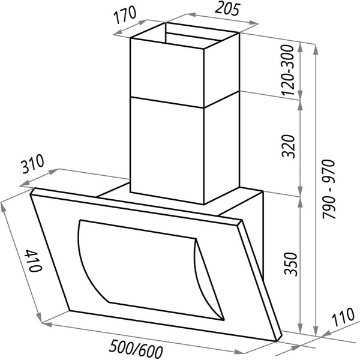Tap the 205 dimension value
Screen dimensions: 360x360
tap(227, 10)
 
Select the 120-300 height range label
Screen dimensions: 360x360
tap(287, 70)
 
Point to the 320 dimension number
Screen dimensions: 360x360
tap(288, 146)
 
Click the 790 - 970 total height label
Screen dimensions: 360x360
tap(329, 189)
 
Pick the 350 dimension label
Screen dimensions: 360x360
tap(290, 264)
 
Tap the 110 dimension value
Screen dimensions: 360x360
tap(343, 317)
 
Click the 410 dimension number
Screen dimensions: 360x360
tap(34, 260)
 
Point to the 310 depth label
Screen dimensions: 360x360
tap(32, 164)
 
